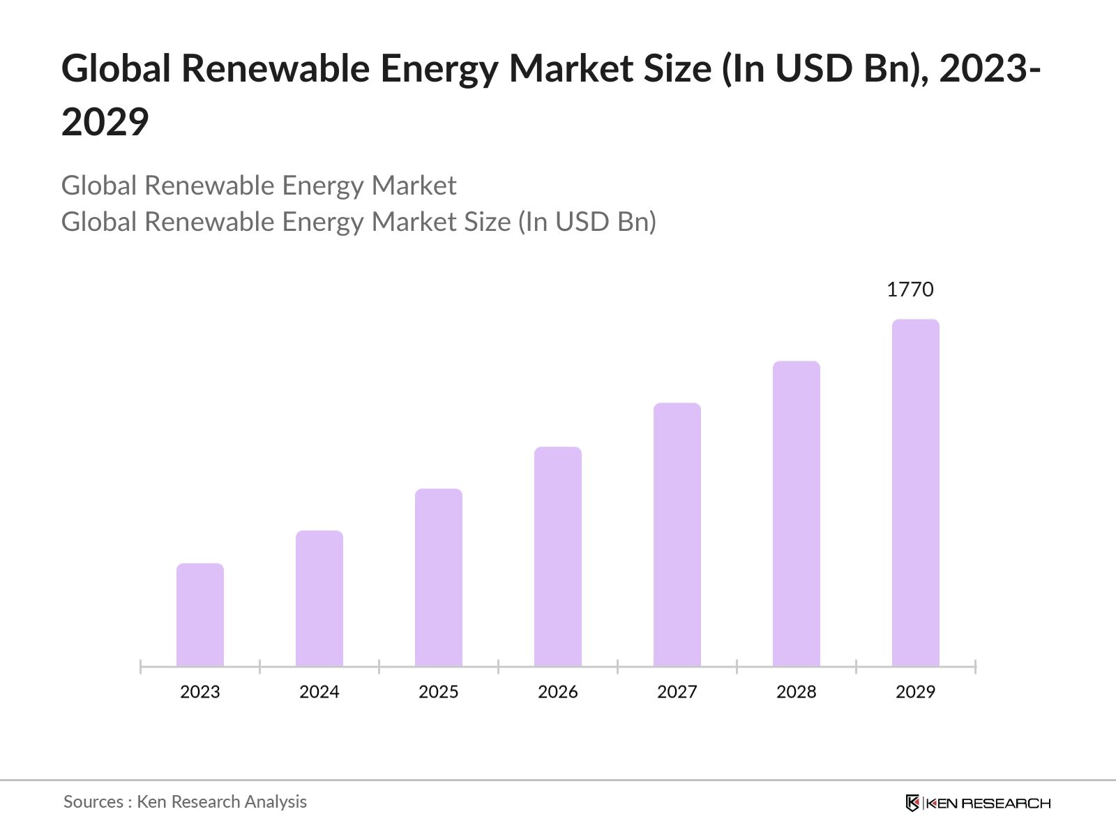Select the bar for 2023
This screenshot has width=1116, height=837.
tap(200, 614)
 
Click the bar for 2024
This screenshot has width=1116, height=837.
tap(319, 598)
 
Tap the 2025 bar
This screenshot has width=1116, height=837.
tap(439, 578)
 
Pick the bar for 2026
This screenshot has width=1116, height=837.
tap(558, 557)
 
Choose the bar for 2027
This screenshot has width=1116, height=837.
tap(677, 534)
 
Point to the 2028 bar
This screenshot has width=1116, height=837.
tap(797, 513)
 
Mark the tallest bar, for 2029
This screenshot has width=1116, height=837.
tap(916, 492)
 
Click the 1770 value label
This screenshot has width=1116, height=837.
tap(910, 289)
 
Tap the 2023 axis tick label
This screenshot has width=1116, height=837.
tap(200, 692)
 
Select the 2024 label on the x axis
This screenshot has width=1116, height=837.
tap(319, 692)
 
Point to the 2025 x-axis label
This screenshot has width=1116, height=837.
tap(439, 692)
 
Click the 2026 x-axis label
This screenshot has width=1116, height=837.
tap(558, 692)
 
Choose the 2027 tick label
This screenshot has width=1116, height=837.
tap(677, 692)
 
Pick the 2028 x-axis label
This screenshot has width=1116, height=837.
tap(797, 692)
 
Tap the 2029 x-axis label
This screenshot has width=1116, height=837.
tap(916, 692)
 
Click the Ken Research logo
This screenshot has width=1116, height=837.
tap(978, 803)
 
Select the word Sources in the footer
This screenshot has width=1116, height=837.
tap(93, 802)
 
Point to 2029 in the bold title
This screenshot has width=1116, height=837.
tap(105, 122)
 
